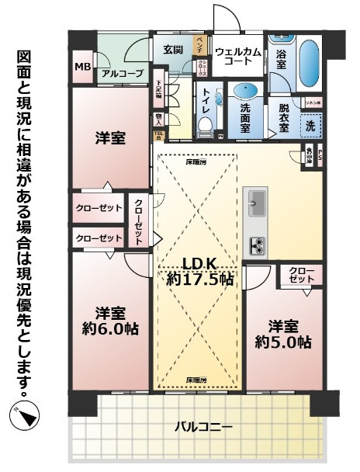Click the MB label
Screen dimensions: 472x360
[81, 68]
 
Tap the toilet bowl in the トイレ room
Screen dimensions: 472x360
[205, 124]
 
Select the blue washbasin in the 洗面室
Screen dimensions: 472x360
[249, 90]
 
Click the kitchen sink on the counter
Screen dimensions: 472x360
[257, 204]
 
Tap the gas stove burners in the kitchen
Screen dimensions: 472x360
[256, 245]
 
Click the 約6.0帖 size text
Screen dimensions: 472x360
[110, 328]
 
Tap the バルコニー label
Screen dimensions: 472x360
[202, 426]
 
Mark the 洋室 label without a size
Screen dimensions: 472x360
[110, 137]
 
